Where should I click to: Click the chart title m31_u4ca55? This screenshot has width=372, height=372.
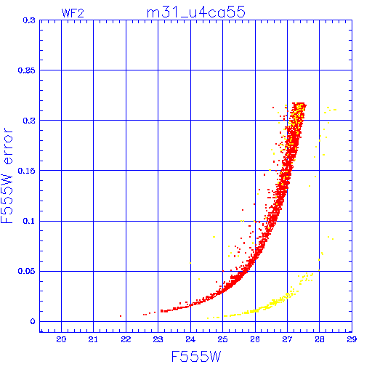pyautogui.click(x=196, y=12)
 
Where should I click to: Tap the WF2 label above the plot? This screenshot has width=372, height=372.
pyautogui.click(x=73, y=13)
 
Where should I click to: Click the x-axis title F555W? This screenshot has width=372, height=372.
pyautogui.click(x=196, y=357)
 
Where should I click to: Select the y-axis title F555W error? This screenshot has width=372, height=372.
pyautogui.click(x=7, y=176)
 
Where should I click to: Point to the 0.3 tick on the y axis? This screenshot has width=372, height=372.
pyautogui.click(x=29, y=20)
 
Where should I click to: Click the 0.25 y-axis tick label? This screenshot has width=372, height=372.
pyautogui.click(x=26, y=70)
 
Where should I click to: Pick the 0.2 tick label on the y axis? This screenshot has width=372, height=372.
pyautogui.click(x=29, y=121)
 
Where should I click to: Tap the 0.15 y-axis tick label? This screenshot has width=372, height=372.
pyautogui.click(x=26, y=171)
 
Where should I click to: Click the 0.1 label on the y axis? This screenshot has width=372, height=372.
pyautogui.click(x=29, y=221)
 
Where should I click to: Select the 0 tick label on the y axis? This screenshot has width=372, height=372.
pyautogui.click(x=33, y=322)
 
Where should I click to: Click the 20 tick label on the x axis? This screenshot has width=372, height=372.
pyautogui.click(x=61, y=339)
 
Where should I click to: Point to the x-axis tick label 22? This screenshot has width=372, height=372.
pyautogui.click(x=126, y=339)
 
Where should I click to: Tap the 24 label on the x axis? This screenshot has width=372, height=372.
pyautogui.click(x=190, y=339)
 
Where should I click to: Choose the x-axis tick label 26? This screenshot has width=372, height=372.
pyautogui.click(x=255, y=339)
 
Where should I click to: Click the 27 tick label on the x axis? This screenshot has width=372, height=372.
pyautogui.click(x=287, y=339)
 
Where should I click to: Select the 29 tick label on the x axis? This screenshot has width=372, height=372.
pyautogui.click(x=352, y=339)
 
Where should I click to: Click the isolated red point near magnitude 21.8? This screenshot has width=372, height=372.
pyautogui.click(x=121, y=316)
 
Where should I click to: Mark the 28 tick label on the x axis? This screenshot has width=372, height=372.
pyautogui.click(x=320, y=339)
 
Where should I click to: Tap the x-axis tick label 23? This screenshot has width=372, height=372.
pyautogui.click(x=158, y=339)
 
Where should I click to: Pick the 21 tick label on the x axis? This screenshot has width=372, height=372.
pyautogui.click(x=93, y=339)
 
